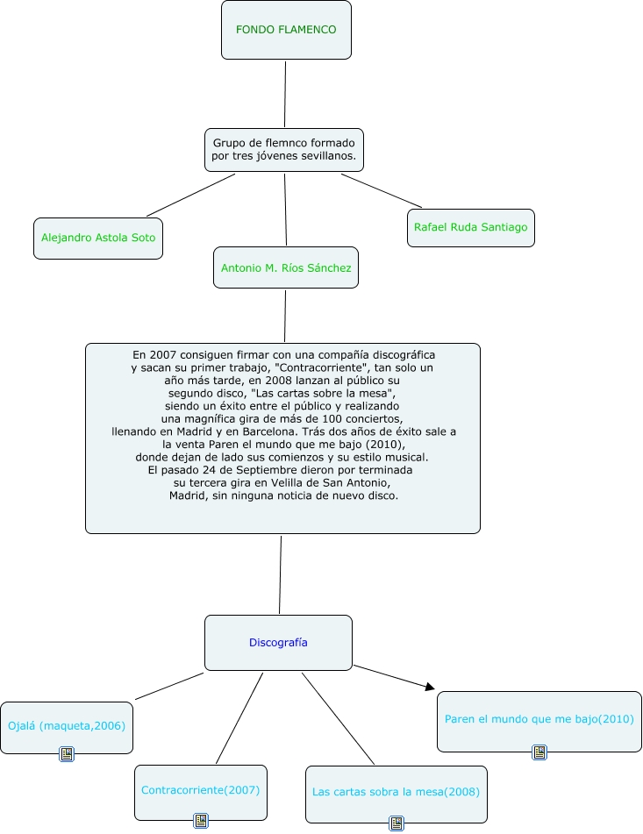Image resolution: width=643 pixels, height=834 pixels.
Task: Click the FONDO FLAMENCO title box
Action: [286, 30]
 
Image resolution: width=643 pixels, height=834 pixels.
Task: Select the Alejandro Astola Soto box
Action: [98, 238]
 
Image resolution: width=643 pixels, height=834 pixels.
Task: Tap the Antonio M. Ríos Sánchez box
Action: [286, 267]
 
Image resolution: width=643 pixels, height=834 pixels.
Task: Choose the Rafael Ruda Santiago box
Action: [471, 228]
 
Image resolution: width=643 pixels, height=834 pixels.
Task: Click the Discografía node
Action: [278, 642]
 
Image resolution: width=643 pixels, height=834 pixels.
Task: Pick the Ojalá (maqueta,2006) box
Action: [67, 726]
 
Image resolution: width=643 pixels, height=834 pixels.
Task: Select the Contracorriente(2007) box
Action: [200, 790]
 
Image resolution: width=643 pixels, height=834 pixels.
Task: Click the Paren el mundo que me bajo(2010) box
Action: [539, 720]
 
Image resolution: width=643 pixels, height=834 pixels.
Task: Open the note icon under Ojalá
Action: [66, 753]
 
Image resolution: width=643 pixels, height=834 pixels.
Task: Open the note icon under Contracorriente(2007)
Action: [201, 821]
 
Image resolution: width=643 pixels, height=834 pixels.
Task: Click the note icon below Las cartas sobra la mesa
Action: [397, 823]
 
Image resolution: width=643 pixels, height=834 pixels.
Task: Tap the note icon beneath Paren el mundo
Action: [539, 752]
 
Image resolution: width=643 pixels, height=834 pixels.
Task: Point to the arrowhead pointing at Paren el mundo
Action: [430, 688]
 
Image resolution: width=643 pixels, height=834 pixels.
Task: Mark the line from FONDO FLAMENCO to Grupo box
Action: [285, 94]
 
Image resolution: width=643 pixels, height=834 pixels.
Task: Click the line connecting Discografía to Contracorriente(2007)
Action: [239, 718]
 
